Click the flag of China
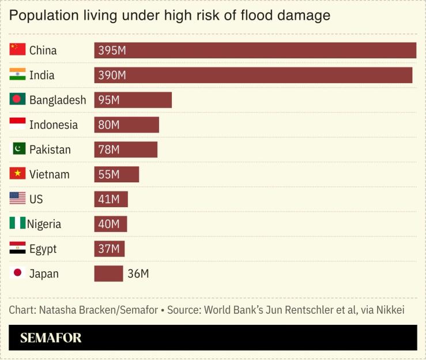pos(17,50)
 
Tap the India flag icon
pos(17,74)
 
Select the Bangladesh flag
pos(17,99)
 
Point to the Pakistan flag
pos(19,149)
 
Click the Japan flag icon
pos(17,273)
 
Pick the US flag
pos(17,198)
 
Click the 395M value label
pos(112,50)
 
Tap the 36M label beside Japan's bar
pos(138,273)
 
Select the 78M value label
pos(109,149)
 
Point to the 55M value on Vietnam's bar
pos(109,174)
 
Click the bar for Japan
pos(108,273)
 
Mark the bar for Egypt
pos(110,249)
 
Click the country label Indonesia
pos(54,125)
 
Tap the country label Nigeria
pos(44,224)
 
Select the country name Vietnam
pos(49,174)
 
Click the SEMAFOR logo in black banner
pos(51,338)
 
